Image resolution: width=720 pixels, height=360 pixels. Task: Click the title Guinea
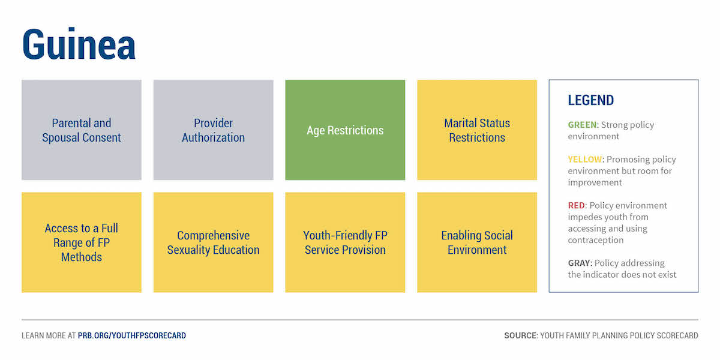(x=79, y=44)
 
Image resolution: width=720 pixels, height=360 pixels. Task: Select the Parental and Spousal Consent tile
(x=82, y=130)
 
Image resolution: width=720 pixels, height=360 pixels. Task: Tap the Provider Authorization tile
(x=214, y=130)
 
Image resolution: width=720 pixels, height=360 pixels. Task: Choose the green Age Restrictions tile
(x=345, y=130)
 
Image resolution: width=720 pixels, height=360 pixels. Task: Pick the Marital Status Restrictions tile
(x=477, y=130)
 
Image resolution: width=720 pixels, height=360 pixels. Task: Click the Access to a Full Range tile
(x=82, y=242)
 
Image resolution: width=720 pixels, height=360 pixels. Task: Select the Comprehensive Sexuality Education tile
(x=214, y=242)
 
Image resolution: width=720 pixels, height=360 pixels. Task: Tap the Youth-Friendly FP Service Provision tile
(x=345, y=242)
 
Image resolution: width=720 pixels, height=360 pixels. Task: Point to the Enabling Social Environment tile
(x=477, y=242)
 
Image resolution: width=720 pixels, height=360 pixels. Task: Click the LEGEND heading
(x=591, y=100)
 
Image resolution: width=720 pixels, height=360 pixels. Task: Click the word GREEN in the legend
(x=582, y=125)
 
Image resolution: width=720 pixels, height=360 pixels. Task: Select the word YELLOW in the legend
(x=584, y=160)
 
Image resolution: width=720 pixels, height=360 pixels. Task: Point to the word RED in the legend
(x=577, y=205)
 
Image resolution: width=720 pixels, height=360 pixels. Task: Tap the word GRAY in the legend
(x=579, y=263)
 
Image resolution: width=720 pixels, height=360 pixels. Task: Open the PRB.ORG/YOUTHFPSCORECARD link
(x=132, y=335)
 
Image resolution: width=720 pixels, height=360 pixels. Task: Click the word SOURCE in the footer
(x=520, y=335)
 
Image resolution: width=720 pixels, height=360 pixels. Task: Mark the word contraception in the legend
(x=596, y=240)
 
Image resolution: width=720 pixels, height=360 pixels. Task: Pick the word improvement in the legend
(x=595, y=182)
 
